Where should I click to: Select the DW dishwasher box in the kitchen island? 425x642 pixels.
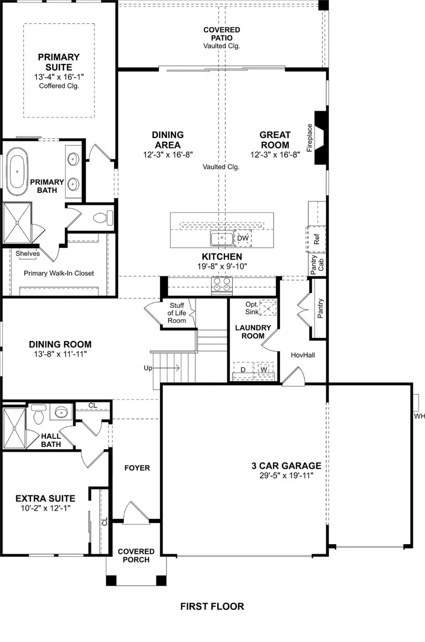tap(243, 239)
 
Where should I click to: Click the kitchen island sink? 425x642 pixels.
tap(221, 239)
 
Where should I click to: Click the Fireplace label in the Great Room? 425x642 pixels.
tap(310, 137)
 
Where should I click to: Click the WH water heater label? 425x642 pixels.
tap(419, 416)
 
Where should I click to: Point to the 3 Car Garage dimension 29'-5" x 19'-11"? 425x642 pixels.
tap(286, 476)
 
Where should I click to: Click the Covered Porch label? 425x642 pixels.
tap(136, 556)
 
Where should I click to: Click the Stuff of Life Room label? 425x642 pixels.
tap(177, 313)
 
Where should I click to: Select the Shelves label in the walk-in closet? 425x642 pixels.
tap(28, 254)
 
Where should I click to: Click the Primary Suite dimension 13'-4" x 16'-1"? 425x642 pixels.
tap(59, 77)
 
